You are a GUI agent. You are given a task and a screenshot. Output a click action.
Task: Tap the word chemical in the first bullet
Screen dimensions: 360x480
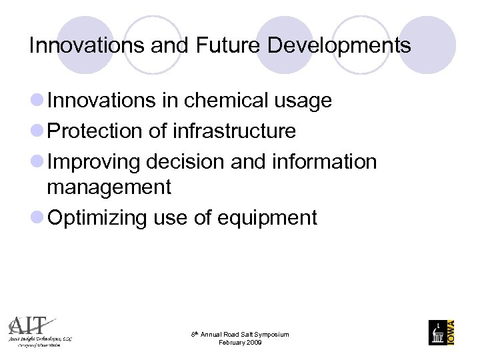point(217,101)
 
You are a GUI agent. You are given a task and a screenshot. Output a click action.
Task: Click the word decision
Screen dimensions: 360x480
point(194,162)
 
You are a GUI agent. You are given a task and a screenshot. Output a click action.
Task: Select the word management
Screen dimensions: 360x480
point(109,188)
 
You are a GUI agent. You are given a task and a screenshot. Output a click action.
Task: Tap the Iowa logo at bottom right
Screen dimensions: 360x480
point(442,332)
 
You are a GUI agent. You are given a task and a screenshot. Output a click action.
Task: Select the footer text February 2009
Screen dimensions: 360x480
point(240,343)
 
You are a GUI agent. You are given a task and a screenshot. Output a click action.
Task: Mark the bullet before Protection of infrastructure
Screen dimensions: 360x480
point(37,131)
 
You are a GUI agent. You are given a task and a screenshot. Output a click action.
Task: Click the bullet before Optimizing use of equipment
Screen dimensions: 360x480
point(37,218)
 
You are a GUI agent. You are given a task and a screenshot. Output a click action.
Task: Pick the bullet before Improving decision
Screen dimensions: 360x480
point(37,162)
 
